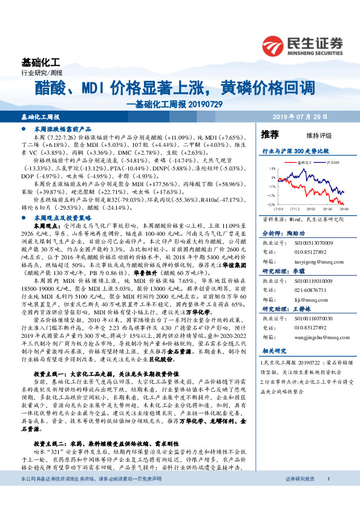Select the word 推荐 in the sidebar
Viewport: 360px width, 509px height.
pyautogui.click(x=270, y=134)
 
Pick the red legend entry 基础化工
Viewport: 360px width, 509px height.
pyautogui.click(x=301, y=163)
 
